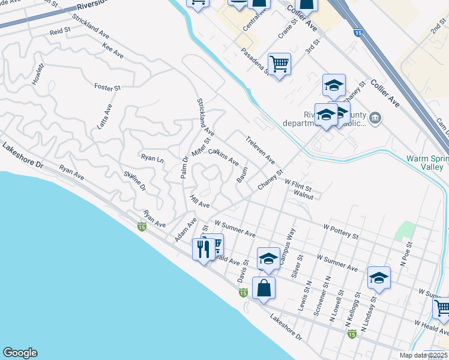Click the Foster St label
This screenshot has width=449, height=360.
(107, 87)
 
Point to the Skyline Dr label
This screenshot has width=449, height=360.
(135, 181)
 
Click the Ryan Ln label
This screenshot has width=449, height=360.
(152, 159)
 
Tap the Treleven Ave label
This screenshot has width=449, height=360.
(260, 150)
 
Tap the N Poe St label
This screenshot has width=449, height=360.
(409, 254)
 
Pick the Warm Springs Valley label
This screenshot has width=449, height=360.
(427, 163)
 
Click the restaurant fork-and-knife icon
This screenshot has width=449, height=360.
(203, 248)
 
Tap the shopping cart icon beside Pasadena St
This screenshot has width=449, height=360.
(279, 64)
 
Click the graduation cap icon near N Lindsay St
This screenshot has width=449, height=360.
(379, 277)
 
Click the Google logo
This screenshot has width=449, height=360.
(20, 353)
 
